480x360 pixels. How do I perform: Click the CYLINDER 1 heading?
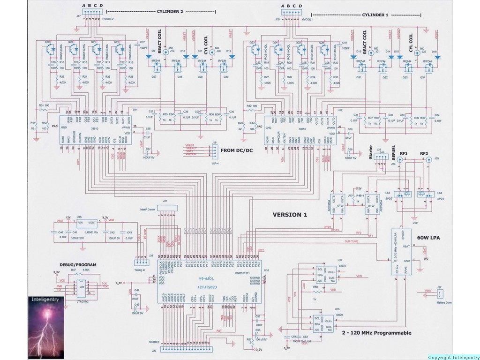click(x=372, y=15)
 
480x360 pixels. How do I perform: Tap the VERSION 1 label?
click(x=290, y=215)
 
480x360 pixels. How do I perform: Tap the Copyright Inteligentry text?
click(x=453, y=357)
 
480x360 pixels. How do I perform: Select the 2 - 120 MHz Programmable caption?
click(x=376, y=333)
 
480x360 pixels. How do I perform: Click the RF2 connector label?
click(x=425, y=153)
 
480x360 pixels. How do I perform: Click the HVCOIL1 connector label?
click(x=307, y=20)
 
